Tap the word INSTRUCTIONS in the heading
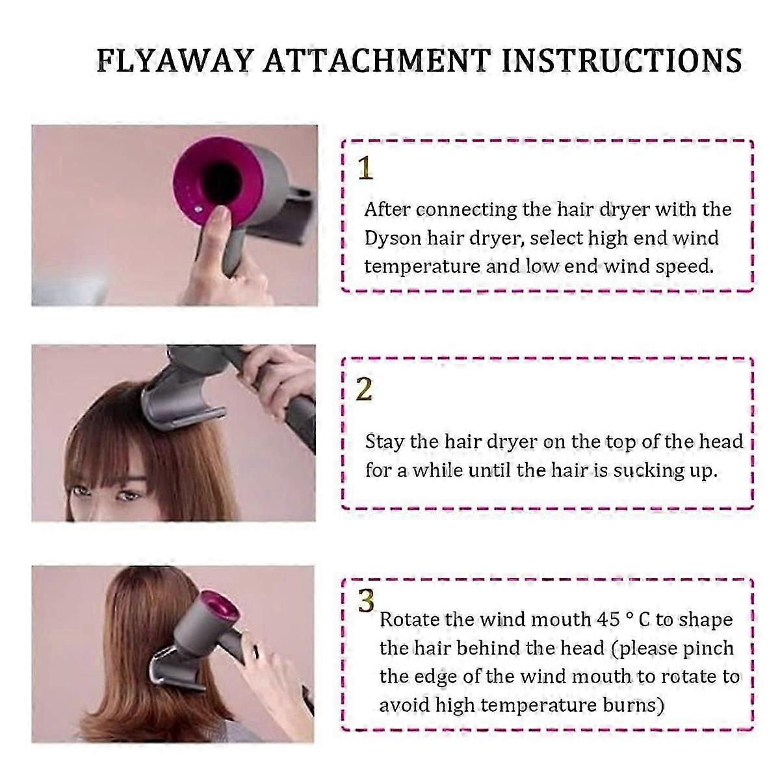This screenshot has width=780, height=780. (622, 61)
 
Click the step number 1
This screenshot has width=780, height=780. (365, 168)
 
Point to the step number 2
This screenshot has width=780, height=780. (364, 389)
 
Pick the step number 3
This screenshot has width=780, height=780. (366, 601)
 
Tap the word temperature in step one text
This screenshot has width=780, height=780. (422, 266)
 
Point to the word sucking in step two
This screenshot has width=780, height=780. (642, 471)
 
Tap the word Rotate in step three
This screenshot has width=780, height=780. (409, 619)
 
